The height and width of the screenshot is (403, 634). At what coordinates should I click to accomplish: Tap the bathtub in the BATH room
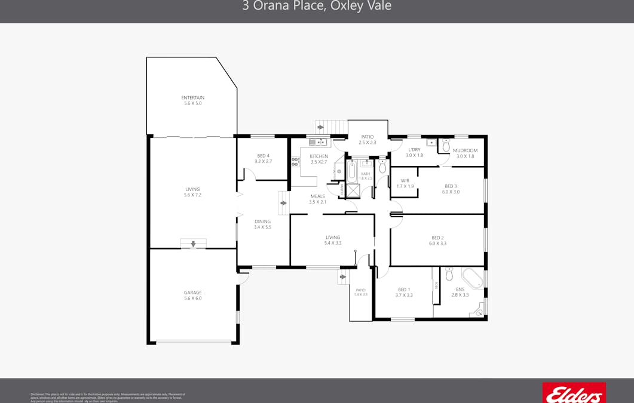tap(352, 172)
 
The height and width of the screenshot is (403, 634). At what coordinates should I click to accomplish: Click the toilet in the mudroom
tap(446, 146)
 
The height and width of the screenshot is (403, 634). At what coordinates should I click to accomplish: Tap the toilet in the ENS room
tap(449, 275)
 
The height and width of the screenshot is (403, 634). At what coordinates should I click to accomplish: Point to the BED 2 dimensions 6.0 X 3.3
tap(437, 244)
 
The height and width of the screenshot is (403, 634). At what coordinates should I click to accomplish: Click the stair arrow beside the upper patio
tap(321, 127)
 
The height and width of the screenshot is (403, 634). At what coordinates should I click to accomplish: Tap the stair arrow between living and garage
tap(193, 244)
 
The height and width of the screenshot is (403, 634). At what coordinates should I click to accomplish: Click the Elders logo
tap(574, 393)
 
